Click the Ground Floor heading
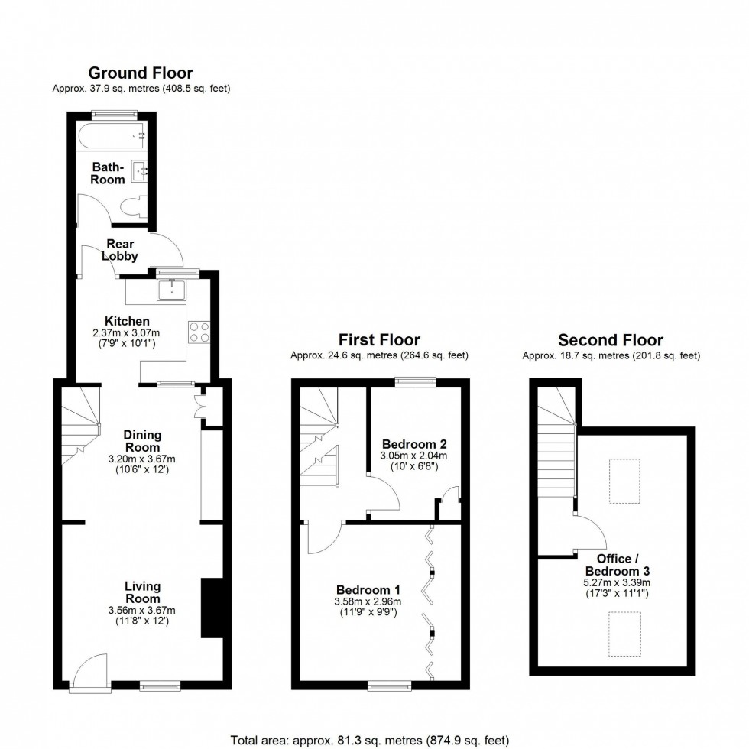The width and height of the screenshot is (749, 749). (141, 73)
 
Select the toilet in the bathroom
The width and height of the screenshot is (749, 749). (135, 206)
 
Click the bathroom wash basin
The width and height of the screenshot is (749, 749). (140, 170)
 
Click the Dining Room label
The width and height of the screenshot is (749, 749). (143, 441)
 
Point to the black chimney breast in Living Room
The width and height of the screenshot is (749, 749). (211, 608)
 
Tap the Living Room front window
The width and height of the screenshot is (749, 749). (160, 686)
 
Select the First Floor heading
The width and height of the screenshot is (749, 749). (379, 340)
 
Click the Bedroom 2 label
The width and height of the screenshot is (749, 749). (413, 444)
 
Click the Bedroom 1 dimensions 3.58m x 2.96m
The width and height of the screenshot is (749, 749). (368, 601)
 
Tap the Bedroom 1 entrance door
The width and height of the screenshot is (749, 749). (325, 539)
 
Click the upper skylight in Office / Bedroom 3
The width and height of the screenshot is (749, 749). (624, 481)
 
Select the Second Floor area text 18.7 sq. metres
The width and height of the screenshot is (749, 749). (611, 355)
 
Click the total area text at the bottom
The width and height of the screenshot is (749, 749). (369, 740)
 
